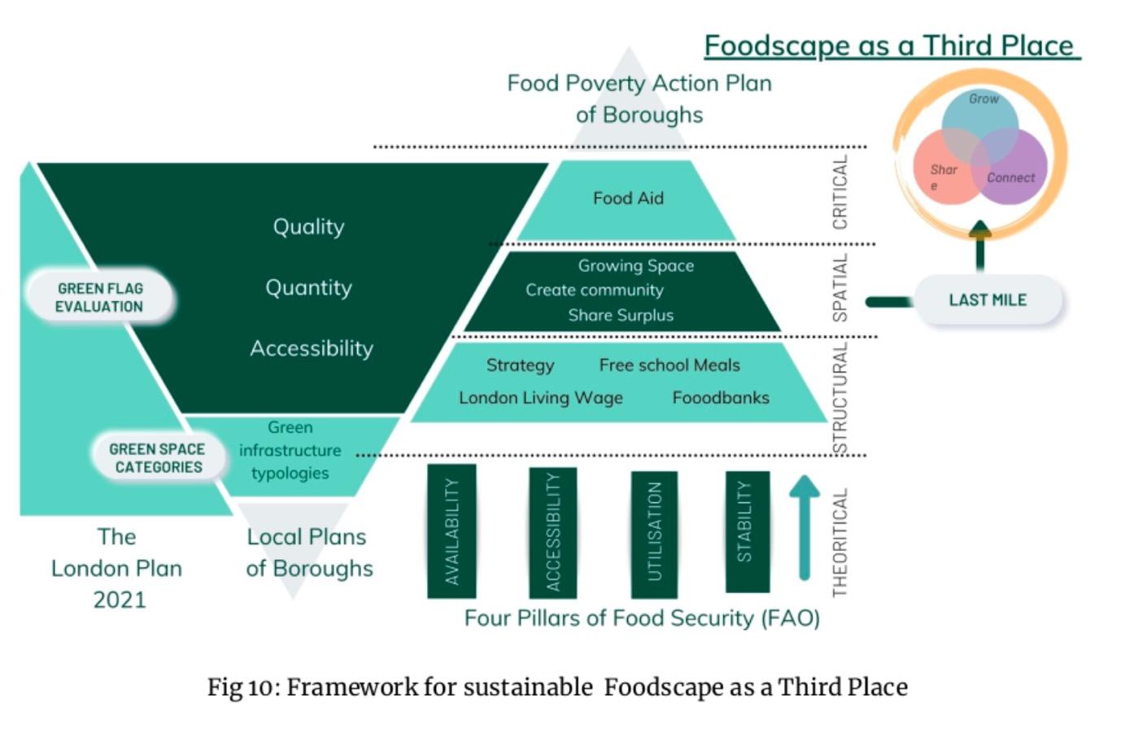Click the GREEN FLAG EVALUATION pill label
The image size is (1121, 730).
click(x=99, y=297)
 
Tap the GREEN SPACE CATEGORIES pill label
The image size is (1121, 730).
click(x=157, y=457)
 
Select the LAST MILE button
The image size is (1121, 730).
click(x=988, y=300)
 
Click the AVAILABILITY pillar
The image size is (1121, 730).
click(x=451, y=531)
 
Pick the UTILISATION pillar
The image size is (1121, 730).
click(x=654, y=534)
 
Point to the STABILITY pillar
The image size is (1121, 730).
click(x=746, y=530)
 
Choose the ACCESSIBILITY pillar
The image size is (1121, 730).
click(x=552, y=532)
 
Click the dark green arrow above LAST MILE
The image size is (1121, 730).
click(x=980, y=244)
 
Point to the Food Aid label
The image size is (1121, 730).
click(x=628, y=199)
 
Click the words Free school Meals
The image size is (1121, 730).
click(x=670, y=365)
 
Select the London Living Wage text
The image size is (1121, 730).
click(x=541, y=398)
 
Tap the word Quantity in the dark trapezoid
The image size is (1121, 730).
click(x=308, y=287)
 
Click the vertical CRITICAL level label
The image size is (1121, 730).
click(x=840, y=193)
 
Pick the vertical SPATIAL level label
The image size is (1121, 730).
click(x=840, y=287)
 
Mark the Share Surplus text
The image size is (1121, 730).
click(x=621, y=315)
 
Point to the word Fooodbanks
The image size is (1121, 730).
click(x=721, y=398)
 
